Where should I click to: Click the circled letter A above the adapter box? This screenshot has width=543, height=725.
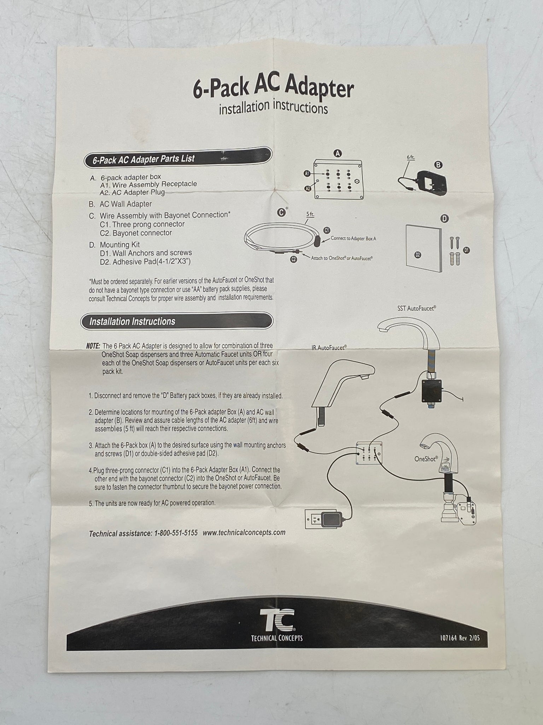click(338, 153)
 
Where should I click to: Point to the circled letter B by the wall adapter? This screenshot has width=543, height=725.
click(438, 165)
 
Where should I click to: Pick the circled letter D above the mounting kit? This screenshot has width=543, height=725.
click(445, 218)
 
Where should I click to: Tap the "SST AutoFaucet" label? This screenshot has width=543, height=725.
click(416, 309)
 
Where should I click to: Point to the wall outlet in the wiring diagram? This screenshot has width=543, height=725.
click(314, 521)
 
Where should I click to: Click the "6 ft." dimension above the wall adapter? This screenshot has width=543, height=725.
click(410, 156)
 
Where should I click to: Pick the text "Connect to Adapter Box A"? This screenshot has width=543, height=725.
click(353, 239)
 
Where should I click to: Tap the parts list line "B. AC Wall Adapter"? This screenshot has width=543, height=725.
click(121, 204)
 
